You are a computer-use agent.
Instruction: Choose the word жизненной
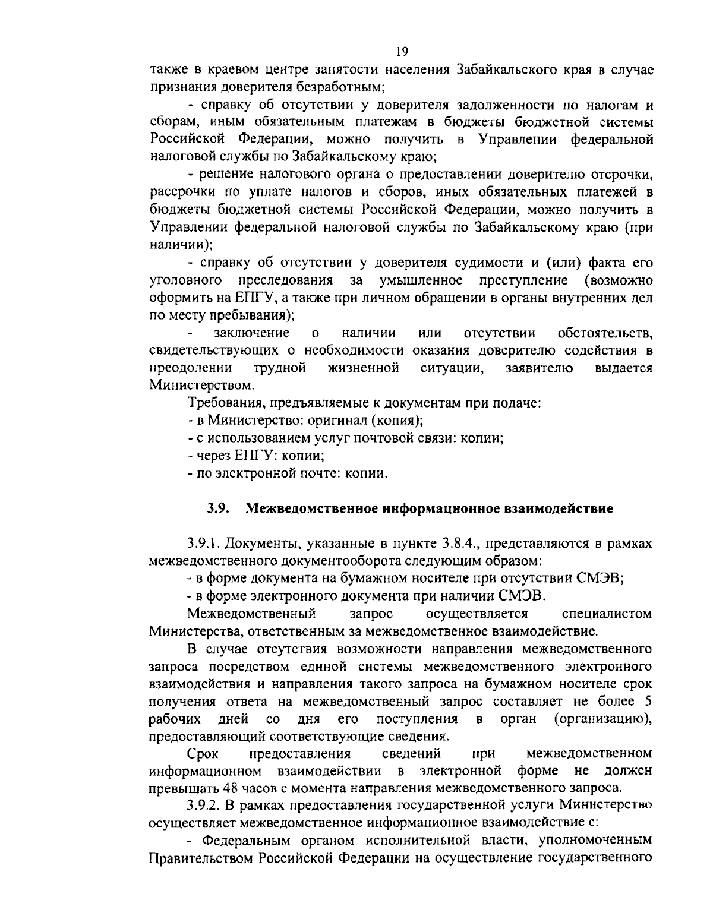tap(363, 368)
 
